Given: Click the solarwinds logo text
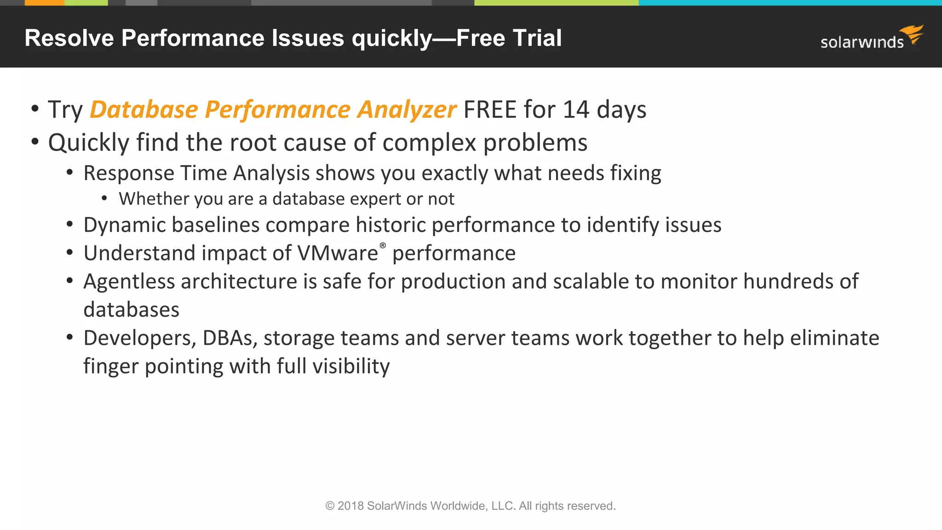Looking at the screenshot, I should (862, 42).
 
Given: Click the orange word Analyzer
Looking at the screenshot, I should (407, 110).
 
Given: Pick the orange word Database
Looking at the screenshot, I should (144, 110).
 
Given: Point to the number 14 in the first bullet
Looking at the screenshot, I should (576, 110).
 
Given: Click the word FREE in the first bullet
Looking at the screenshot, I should (489, 110).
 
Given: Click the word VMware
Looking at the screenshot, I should (337, 253).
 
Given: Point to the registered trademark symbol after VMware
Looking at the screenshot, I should (383, 246).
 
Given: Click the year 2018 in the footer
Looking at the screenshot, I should (350, 506).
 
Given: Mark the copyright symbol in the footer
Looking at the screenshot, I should (330, 506).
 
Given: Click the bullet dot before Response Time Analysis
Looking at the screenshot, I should (70, 173).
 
